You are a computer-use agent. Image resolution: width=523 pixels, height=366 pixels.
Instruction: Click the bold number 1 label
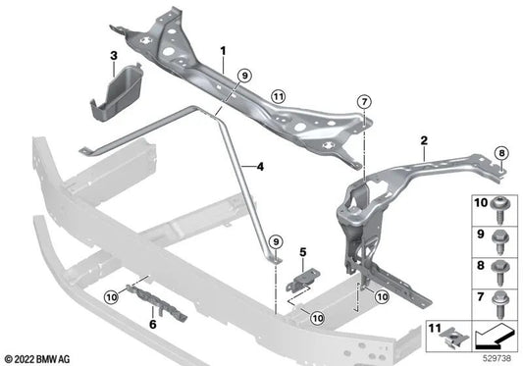coord(223,49)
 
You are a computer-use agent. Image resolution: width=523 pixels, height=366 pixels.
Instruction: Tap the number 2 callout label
coord(423,140)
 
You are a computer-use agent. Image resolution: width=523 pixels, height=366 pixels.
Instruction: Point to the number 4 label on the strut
coord(261,166)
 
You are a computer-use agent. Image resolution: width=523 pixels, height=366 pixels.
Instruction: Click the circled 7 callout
coord(364,101)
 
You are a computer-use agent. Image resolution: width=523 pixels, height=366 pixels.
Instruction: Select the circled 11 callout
coord(279,96)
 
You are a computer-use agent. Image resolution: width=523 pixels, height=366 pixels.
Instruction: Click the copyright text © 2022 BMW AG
coord(38,357)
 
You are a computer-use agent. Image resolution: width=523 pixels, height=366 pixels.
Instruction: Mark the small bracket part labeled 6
coord(136,304)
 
